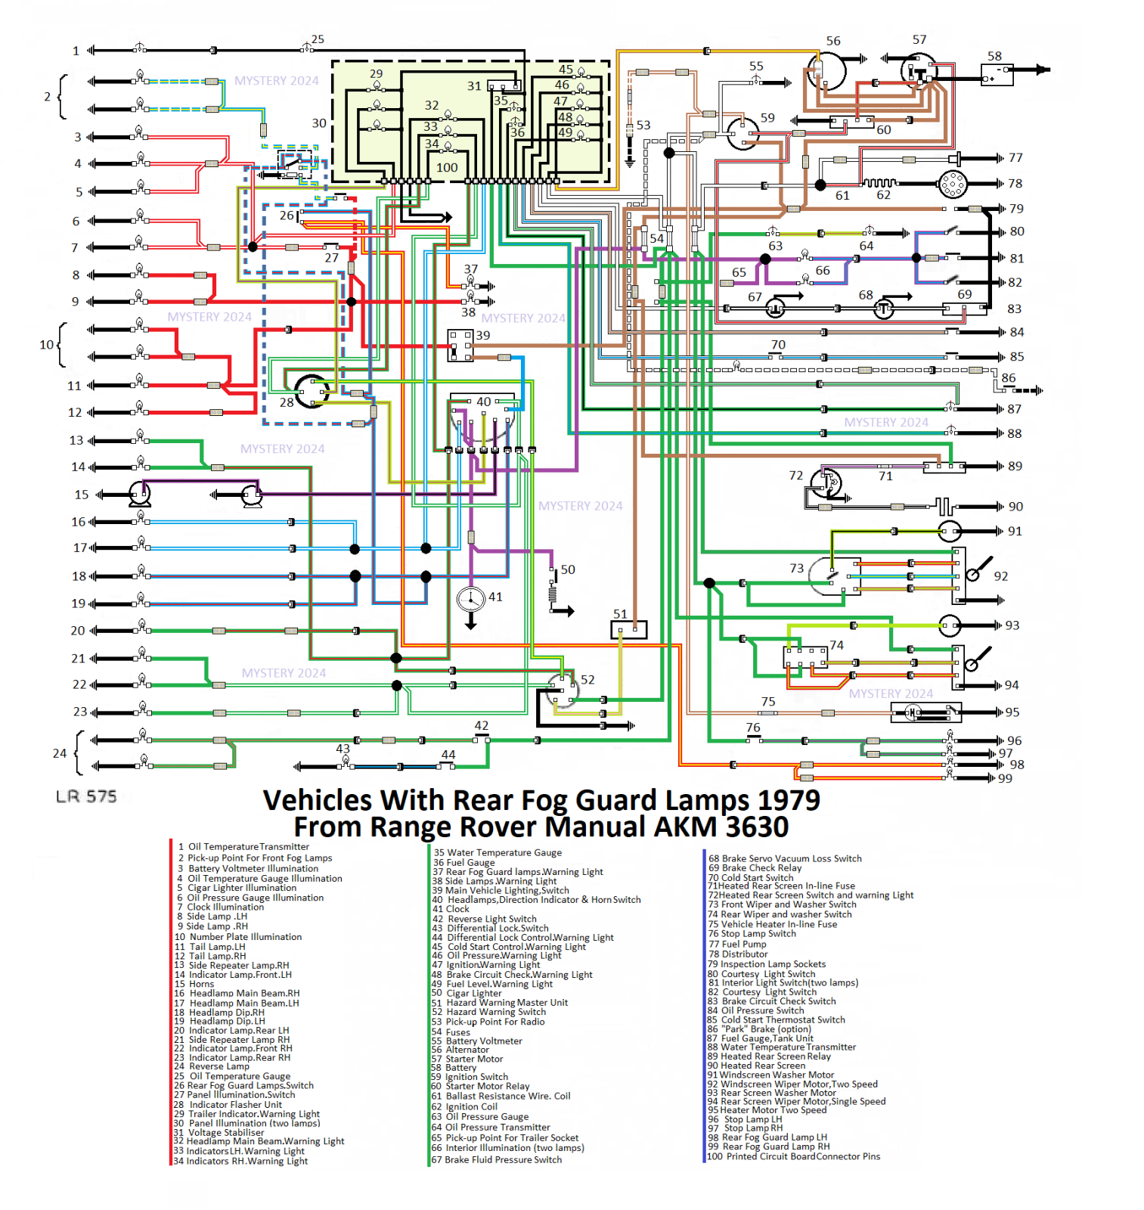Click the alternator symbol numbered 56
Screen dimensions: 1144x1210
tap(826, 70)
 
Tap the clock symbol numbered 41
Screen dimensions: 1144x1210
tap(471, 600)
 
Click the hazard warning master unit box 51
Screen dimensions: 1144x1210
tap(628, 629)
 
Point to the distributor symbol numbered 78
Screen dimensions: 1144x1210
tap(953, 184)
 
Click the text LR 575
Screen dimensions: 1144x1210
tap(86, 796)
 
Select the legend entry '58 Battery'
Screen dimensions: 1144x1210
tap(454, 1068)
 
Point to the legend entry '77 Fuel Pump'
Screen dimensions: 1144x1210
tap(737, 944)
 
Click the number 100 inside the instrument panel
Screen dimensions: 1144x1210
tap(447, 167)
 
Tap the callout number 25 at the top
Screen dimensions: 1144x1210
tap(318, 39)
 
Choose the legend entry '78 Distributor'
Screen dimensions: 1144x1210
tap(737, 954)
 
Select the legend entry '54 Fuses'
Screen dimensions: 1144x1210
tap(451, 1032)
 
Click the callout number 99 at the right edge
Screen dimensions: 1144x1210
tap(1005, 778)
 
